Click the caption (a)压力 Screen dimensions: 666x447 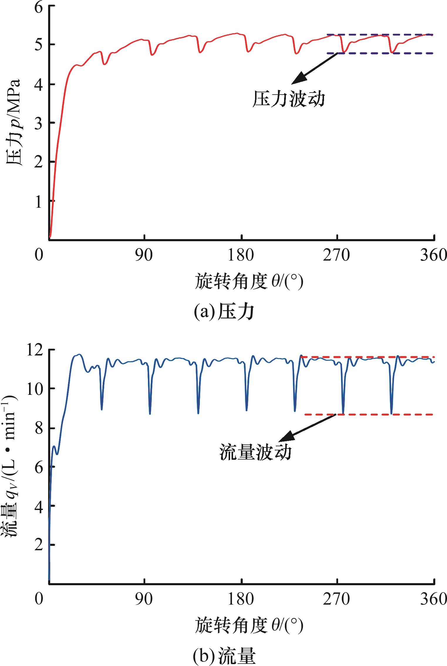point(224,312)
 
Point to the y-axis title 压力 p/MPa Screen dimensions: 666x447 point(13,122)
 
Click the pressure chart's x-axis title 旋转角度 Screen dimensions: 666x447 point(249,282)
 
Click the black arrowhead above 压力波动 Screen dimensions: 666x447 point(297,79)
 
